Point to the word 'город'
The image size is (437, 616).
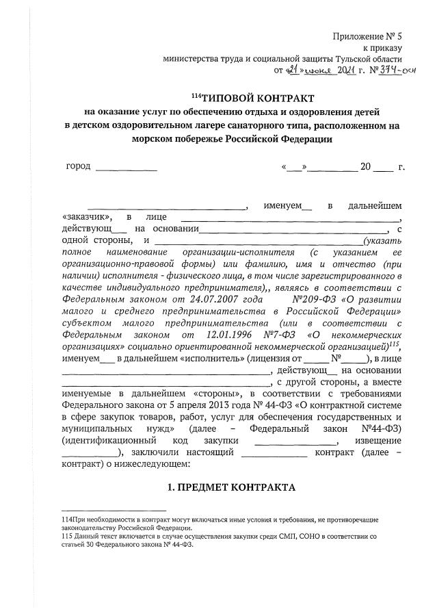78,166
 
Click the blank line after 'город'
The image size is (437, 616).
127,168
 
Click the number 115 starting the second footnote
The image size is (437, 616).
68,537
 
